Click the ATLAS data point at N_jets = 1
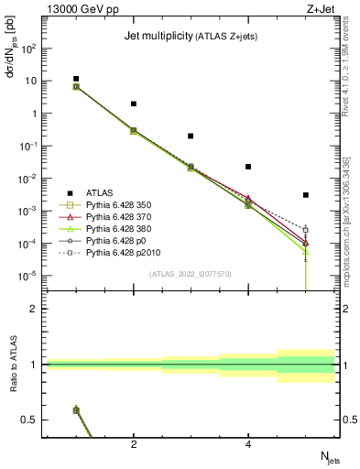pos(76,79)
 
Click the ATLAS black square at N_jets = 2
pos(134,104)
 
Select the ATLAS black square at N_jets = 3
pos(191,136)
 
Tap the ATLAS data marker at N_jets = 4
pos(248,167)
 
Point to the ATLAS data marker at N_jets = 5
pos(305,195)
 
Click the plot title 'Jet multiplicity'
pos(156,37)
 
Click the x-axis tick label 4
pos(248,444)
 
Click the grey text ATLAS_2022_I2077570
pos(191,273)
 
